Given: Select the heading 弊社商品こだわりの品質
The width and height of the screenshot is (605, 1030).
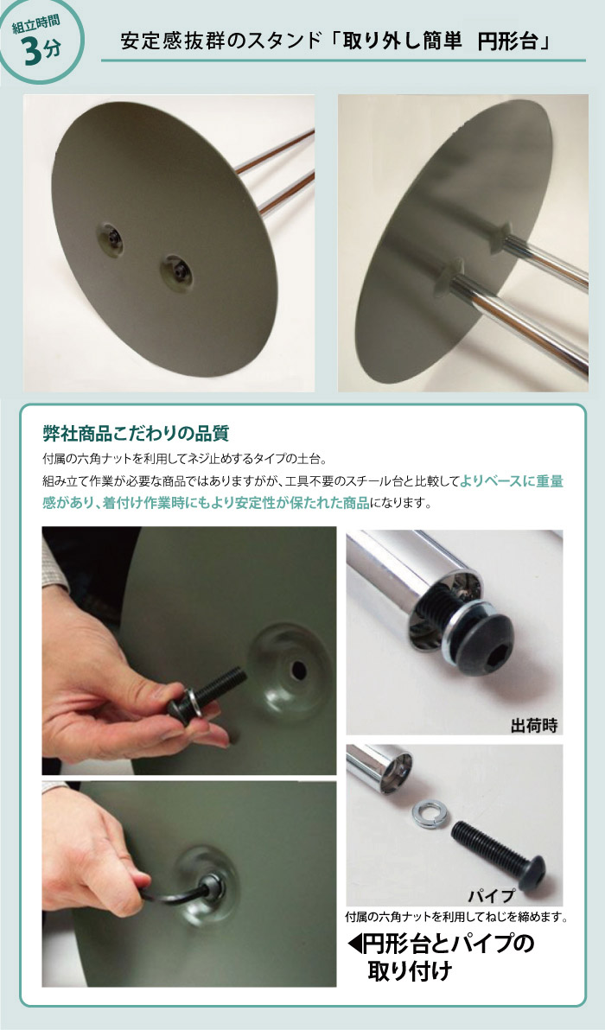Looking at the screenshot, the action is [136, 434].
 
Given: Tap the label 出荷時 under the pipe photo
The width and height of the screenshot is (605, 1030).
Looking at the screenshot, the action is [533, 725].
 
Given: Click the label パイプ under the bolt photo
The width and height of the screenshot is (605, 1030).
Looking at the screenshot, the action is [491, 895].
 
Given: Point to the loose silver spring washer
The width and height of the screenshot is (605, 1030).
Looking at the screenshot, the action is [428, 812].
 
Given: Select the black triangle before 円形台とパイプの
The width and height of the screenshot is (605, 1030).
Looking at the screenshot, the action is [354, 944].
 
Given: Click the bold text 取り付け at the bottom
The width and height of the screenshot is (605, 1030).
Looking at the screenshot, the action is [410, 971].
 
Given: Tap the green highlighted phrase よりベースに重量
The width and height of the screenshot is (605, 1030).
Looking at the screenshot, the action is [511, 480].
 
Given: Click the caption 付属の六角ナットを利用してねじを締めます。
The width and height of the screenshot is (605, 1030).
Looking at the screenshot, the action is [455, 917].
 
